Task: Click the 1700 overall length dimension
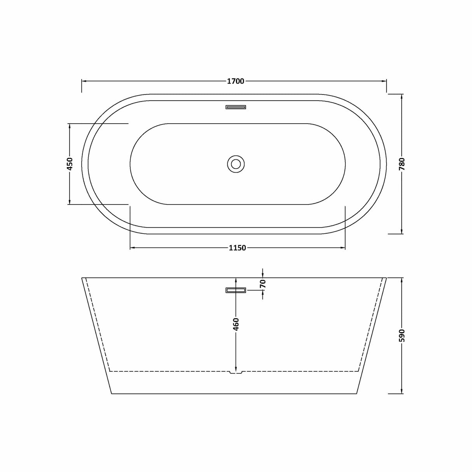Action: click(x=235, y=81)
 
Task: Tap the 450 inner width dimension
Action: click(x=70, y=164)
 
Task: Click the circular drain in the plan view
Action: click(x=236, y=164)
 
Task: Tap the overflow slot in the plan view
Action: click(x=236, y=107)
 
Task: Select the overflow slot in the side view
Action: click(x=236, y=290)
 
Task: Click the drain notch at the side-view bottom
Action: click(x=236, y=372)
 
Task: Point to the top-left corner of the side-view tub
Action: click(x=82, y=278)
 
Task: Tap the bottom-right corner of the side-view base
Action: click(x=357, y=394)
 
